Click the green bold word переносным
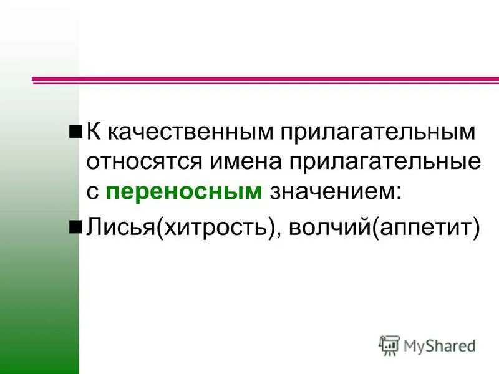point(184,191)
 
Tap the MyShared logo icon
point(389,345)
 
